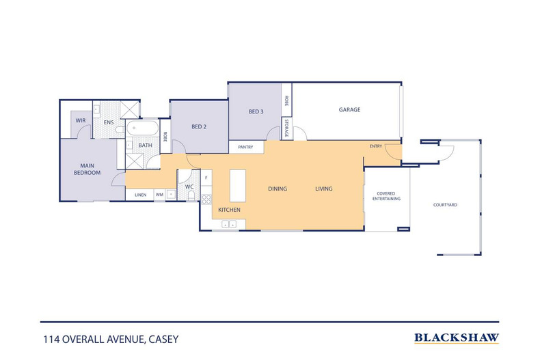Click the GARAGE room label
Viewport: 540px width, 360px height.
[349, 109]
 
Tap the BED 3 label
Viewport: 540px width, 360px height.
[256, 111]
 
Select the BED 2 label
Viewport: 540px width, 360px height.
[199, 126]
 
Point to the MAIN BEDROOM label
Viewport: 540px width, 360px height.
[87, 169]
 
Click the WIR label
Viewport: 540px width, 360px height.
[81, 120]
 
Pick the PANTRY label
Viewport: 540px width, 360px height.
[245, 147]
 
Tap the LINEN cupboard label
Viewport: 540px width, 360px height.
[141, 195]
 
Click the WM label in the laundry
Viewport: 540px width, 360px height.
[159, 195]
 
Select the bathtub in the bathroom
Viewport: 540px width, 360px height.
[142, 128]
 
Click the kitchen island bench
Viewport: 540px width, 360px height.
[238, 186]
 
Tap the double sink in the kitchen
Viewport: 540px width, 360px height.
[229, 224]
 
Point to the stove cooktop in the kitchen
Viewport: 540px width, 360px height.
[206, 199]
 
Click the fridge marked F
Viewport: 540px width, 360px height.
[206, 178]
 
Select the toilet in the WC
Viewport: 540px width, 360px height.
[191, 195]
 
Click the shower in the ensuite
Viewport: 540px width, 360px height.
[129, 110]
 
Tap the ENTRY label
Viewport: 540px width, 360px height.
[376, 146]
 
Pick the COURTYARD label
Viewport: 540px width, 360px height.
[445, 205]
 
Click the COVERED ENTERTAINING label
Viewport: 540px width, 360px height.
[386, 196]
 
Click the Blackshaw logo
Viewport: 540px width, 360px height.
[457, 338]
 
